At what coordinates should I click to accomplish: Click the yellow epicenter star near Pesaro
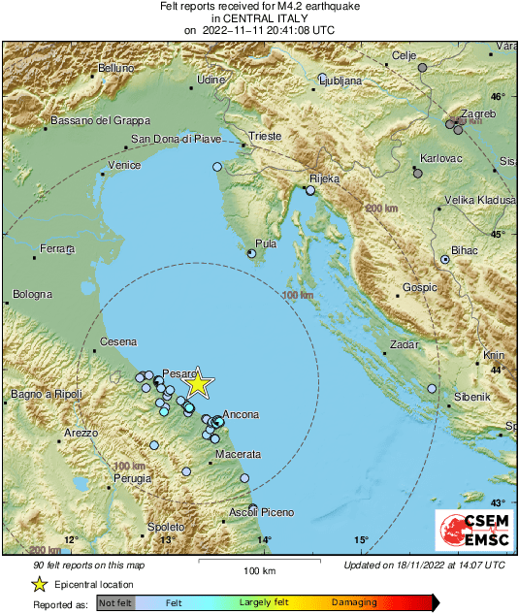pos(197,384)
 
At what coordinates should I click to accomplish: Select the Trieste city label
pos(264,137)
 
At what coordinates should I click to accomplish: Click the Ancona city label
pos(241,415)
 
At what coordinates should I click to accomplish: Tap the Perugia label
pos(132,478)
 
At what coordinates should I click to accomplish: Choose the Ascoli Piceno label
pos(261,512)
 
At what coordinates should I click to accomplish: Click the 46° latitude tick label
pos(498,97)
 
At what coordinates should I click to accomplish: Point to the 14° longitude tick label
pos(264,540)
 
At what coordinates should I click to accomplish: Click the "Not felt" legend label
pos(115,602)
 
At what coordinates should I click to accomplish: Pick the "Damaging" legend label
pos(354,602)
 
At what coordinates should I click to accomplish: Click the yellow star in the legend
pos(39,584)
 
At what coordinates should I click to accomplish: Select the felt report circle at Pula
pos(252,254)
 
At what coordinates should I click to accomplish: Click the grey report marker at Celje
pos(422,68)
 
